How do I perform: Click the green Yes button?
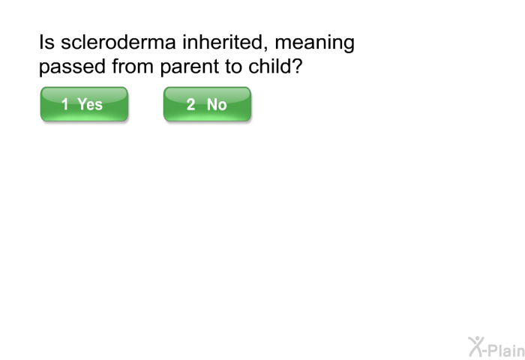[84, 104]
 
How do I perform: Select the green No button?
[207, 104]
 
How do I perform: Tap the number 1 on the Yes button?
[65, 104]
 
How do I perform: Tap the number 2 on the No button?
[190, 104]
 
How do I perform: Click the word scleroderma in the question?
[118, 43]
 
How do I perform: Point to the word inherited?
[223, 43]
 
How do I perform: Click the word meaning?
[314, 44]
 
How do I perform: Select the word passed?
[72, 67]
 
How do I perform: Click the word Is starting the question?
[46, 43]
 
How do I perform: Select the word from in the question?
[133, 66]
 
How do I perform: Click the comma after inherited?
[265, 49]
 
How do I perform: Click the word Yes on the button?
[90, 104]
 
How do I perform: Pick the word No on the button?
[217, 104]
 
